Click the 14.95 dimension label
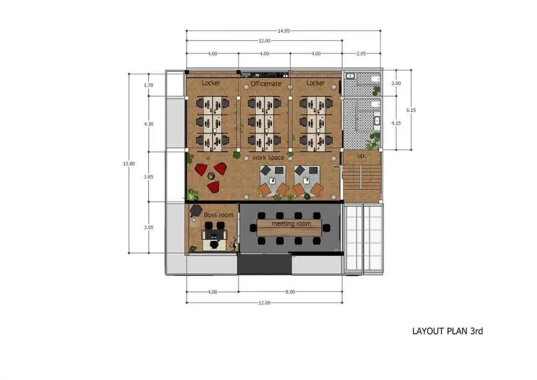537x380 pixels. pyautogui.click(x=284, y=31)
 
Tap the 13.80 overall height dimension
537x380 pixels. pyautogui.click(x=129, y=164)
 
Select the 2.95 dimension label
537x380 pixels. pyautogui.click(x=361, y=53)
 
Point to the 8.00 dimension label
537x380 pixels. pyautogui.click(x=290, y=292)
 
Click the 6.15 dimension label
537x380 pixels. pyautogui.click(x=411, y=110)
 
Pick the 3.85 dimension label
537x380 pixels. pyautogui.click(x=149, y=177)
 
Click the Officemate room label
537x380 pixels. pyautogui.click(x=266, y=84)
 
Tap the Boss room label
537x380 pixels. pyautogui.click(x=219, y=215)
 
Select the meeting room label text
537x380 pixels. pyautogui.click(x=291, y=224)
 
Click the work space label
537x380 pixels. pyautogui.click(x=268, y=157)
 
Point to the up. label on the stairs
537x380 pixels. pyautogui.click(x=362, y=156)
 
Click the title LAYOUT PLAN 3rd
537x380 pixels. pyautogui.click(x=448, y=331)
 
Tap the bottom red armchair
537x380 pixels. pyautogui.click(x=214, y=187)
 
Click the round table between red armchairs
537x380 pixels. pyautogui.click(x=211, y=176)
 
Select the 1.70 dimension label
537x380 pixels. pyautogui.click(x=149, y=85)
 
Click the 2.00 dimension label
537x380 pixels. pyautogui.click(x=396, y=83)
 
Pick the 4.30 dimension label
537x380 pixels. pyautogui.click(x=149, y=124)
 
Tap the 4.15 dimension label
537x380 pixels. pyautogui.click(x=396, y=123)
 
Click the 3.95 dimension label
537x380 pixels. pyautogui.click(x=149, y=228)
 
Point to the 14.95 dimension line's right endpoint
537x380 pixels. pyautogui.click(x=381, y=31)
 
